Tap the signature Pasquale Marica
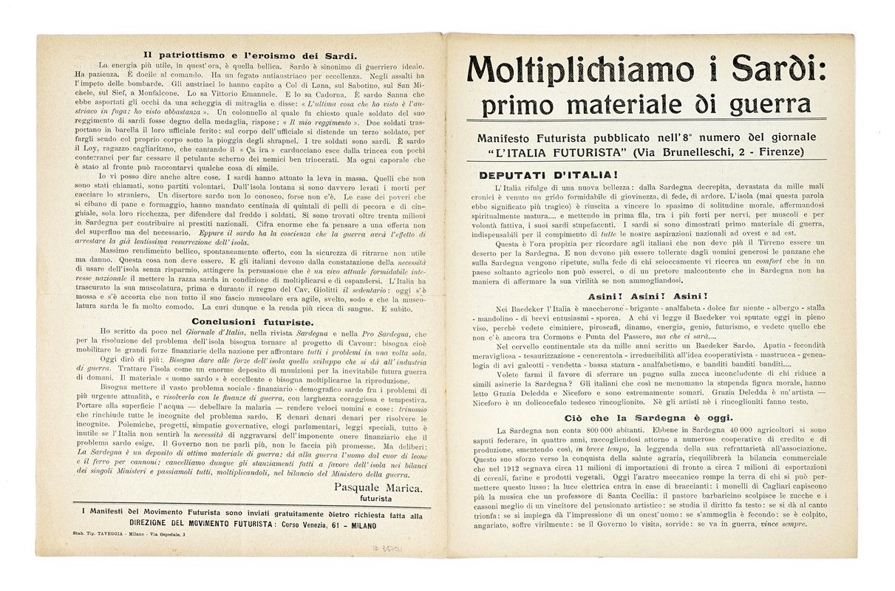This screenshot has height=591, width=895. pyautogui.click(x=378, y=488)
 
